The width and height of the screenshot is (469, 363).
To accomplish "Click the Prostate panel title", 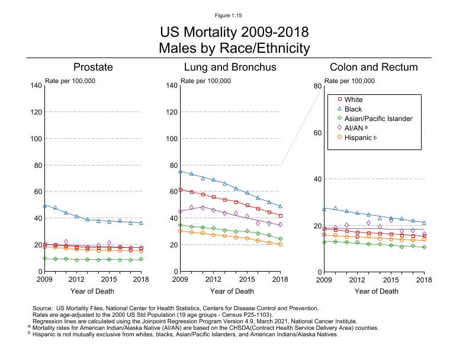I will pyautogui.click(x=93, y=67).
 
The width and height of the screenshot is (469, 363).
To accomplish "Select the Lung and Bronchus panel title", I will pyautogui.click(x=230, y=67).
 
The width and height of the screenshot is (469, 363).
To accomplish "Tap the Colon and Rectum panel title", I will pyautogui.click(x=374, y=67).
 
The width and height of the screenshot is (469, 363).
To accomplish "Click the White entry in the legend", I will pyautogui.click(x=354, y=100).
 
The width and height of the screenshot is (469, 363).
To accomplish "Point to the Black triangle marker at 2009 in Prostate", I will pyautogui.click(x=45, y=205).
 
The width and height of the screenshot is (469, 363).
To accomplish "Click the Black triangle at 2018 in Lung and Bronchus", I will pyautogui.click(x=280, y=206).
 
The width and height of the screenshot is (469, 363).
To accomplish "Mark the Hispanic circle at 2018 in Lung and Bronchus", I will pyautogui.click(x=280, y=244).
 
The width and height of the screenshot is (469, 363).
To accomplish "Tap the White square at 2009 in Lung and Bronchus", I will pyautogui.click(x=180, y=190).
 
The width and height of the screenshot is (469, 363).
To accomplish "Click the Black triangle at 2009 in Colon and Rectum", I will pyautogui.click(x=324, y=209).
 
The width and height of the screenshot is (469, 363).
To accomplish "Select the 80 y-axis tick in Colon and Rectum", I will pyautogui.click(x=317, y=86).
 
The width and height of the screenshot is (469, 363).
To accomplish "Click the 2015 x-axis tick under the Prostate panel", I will pyautogui.click(x=109, y=279).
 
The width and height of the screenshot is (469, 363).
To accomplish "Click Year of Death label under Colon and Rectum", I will pyautogui.click(x=376, y=291).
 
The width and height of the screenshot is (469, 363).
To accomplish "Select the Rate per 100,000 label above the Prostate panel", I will pyautogui.click(x=70, y=81).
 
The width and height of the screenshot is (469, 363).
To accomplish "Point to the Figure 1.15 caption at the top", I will pyautogui.click(x=234, y=15).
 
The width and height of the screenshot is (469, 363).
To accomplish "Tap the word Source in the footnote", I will pyautogui.click(x=43, y=308).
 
